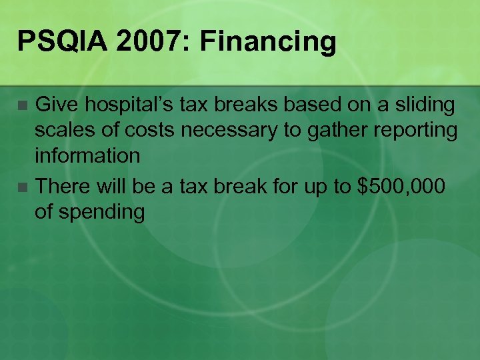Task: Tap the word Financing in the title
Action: pos(268,42)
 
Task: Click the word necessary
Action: pos(226,131)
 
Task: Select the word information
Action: pos(87,156)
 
